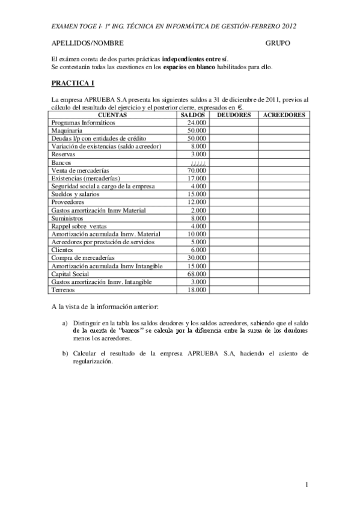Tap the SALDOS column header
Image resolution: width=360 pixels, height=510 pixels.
coord(194,114)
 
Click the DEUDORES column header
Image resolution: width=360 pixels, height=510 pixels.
coord(233,114)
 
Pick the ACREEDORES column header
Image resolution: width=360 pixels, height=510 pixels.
coord(284,114)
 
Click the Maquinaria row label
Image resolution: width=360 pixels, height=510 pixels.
coord(67,130)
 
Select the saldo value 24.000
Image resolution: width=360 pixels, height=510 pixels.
coord(197,122)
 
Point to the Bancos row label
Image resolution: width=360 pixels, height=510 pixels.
coord(62,162)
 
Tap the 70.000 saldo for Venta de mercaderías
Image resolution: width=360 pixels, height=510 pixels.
coord(197,170)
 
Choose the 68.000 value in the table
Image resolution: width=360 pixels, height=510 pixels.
coord(197,274)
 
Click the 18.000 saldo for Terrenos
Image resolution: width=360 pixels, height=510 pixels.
coord(197,290)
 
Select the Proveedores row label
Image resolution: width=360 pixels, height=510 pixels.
coord(69,202)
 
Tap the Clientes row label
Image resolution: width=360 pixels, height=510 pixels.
coord(64,250)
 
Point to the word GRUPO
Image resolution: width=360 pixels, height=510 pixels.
coord(278,44)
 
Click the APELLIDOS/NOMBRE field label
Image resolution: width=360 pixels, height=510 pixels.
coord(87,44)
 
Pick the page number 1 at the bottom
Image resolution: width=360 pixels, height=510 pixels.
coord(307,485)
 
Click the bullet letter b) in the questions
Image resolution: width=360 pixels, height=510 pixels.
coord(65,353)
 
